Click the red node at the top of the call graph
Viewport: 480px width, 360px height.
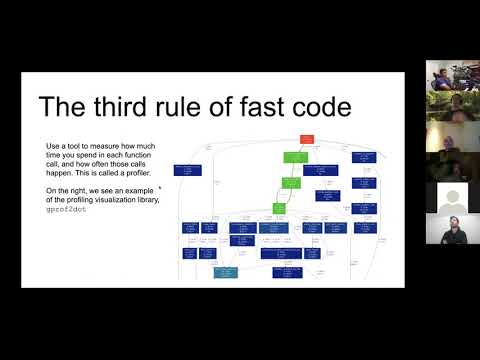(x=307, y=138)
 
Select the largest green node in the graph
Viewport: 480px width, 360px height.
(x=294, y=157)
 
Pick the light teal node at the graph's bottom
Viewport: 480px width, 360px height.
(x=225, y=271)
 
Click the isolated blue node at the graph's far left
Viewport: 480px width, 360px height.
(x=188, y=170)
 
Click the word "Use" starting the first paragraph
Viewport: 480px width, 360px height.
(x=53, y=145)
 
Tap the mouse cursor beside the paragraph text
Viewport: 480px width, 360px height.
(x=160, y=186)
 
